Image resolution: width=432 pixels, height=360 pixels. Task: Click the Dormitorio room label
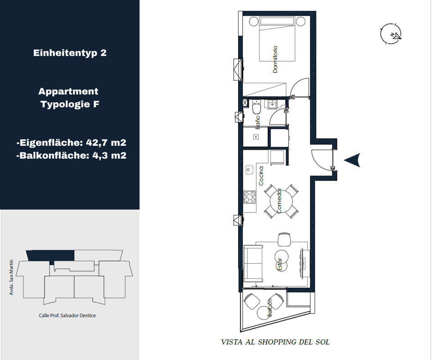275,59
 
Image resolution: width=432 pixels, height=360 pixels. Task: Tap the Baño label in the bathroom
257,122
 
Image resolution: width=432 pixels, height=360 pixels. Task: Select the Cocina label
261,176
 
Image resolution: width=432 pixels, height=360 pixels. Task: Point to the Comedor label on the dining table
279,201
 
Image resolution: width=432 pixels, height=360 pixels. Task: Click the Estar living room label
279,265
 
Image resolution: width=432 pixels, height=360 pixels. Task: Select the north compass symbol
391,34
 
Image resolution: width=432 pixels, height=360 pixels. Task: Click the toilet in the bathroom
256,107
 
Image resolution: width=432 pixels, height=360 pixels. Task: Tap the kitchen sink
249,170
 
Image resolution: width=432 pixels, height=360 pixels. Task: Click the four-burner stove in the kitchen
250,197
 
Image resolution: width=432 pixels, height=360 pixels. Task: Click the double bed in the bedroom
277,39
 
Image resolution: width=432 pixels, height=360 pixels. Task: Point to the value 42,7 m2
106,143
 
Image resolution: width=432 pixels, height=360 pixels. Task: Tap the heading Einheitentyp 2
70,53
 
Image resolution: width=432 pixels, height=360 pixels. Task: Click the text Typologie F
70,104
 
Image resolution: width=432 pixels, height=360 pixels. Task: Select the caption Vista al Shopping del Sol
275,342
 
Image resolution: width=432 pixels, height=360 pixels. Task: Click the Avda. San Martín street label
11,277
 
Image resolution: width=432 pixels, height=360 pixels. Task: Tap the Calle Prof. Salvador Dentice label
67,315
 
